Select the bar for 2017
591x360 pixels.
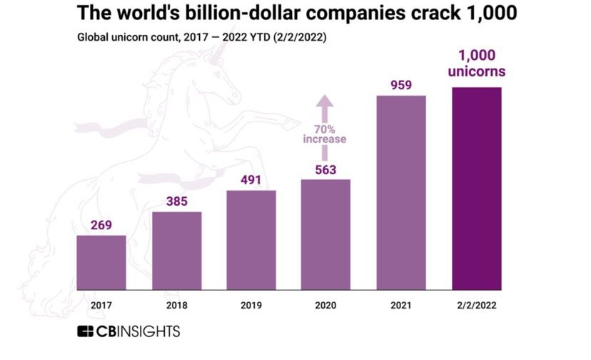pyautogui.click(x=101, y=264)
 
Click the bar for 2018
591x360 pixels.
pyautogui.click(x=176, y=252)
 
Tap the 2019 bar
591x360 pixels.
pyautogui.click(x=251, y=241)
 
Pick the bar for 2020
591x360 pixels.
pyautogui.click(x=325, y=236)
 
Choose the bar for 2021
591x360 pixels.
pyautogui.click(x=400, y=194)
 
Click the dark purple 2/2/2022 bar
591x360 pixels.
pyautogui.click(x=476, y=190)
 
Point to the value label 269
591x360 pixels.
pyautogui.click(x=101, y=226)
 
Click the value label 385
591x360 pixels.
pyautogui.click(x=176, y=201)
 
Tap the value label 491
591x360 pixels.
pyautogui.click(x=251, y=180)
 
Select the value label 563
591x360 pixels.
pyautogui.click(x=325, y=169)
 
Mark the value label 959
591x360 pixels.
pyautogui.click(x=400, y=85)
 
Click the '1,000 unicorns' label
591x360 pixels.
pyautogui.click(x=476, y=64)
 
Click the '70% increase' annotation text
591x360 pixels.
pyautogui.click(x=325, y=134)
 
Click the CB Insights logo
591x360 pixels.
pyautogui.click(x=128, y=332)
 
